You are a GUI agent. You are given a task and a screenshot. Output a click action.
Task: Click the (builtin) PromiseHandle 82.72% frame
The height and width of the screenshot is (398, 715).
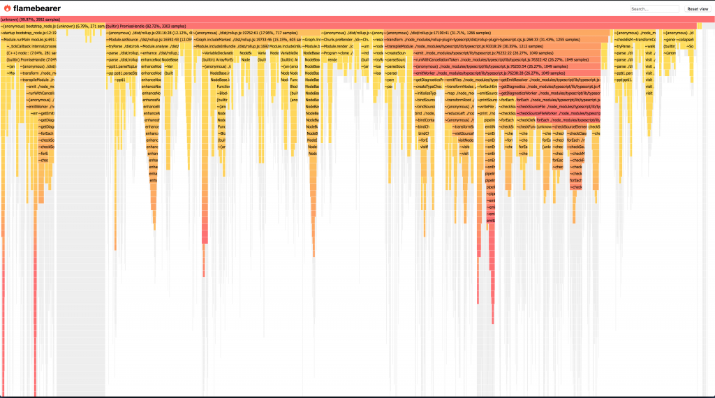(x=349, y=26)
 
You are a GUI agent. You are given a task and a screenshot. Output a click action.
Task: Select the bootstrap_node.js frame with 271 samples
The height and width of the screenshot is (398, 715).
(x=52, y=26)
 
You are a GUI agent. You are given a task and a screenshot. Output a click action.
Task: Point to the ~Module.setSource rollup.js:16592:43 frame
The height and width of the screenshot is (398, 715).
(x=147, y=40)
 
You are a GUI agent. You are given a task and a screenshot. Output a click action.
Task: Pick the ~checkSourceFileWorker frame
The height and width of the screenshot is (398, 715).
(x=559, y=112)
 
